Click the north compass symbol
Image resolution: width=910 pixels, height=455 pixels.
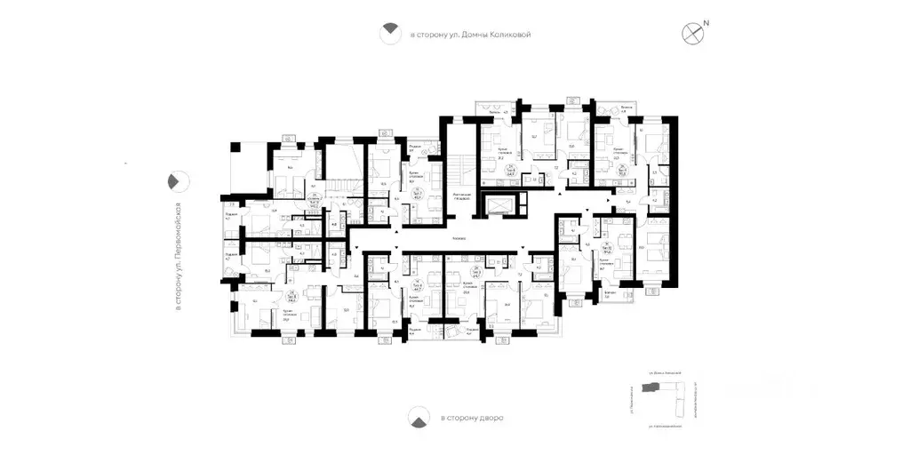pyautogui.click(x=693, y=34)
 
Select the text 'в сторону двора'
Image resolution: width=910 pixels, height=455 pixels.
pyautogui.click(x=470, y=417)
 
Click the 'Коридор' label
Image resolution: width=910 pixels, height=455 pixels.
pyautogui.click(x=459, y=238)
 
